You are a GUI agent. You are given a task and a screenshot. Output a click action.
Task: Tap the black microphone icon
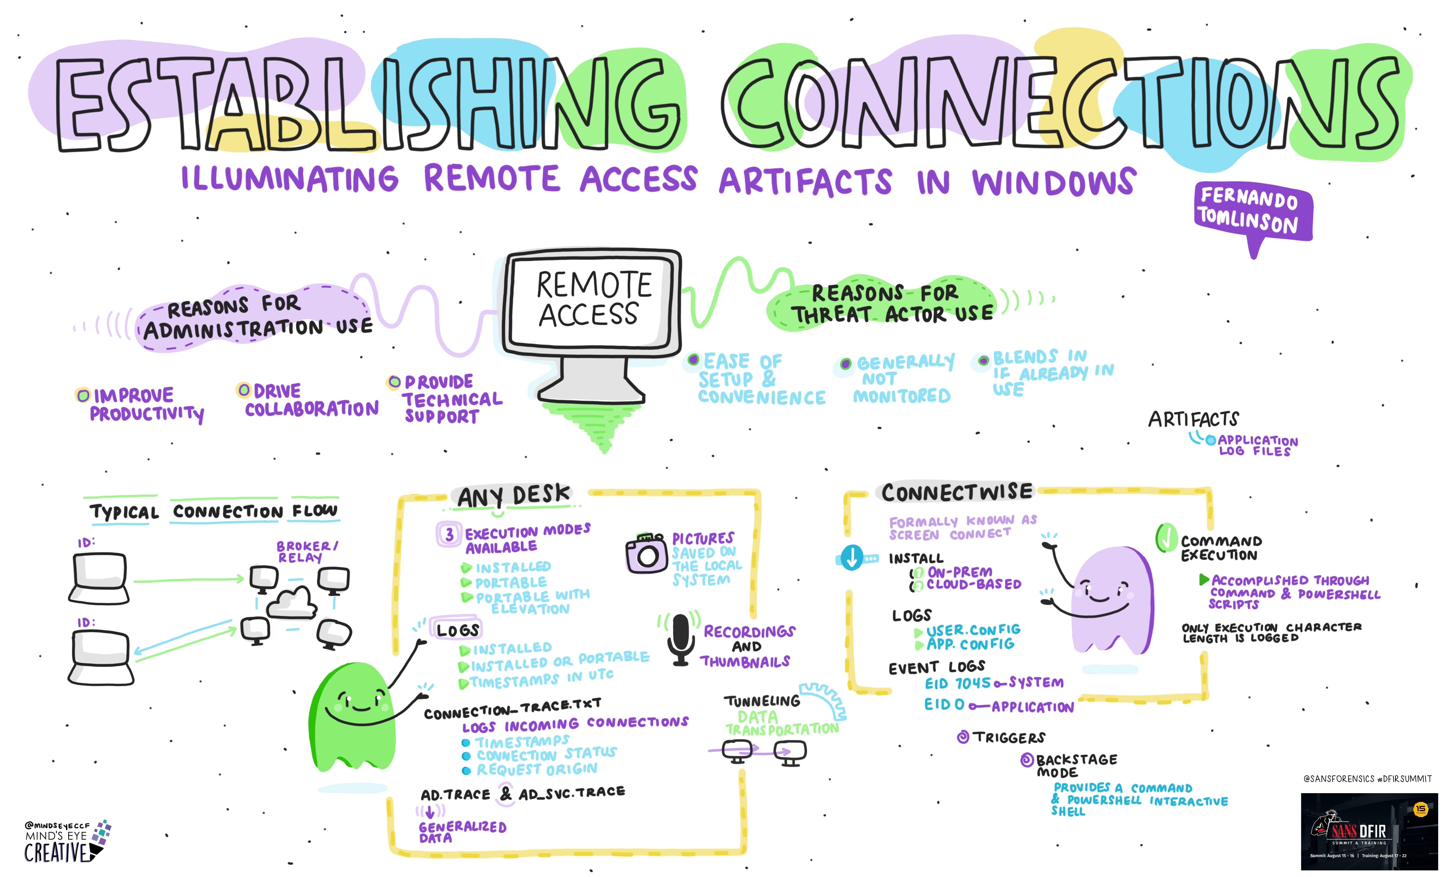coord(680,639)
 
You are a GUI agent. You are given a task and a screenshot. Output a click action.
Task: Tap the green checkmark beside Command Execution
coord(1166,537)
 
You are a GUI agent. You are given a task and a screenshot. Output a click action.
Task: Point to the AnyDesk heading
coord(513,496)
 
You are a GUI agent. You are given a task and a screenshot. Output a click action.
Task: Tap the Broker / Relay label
coord(307,551)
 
